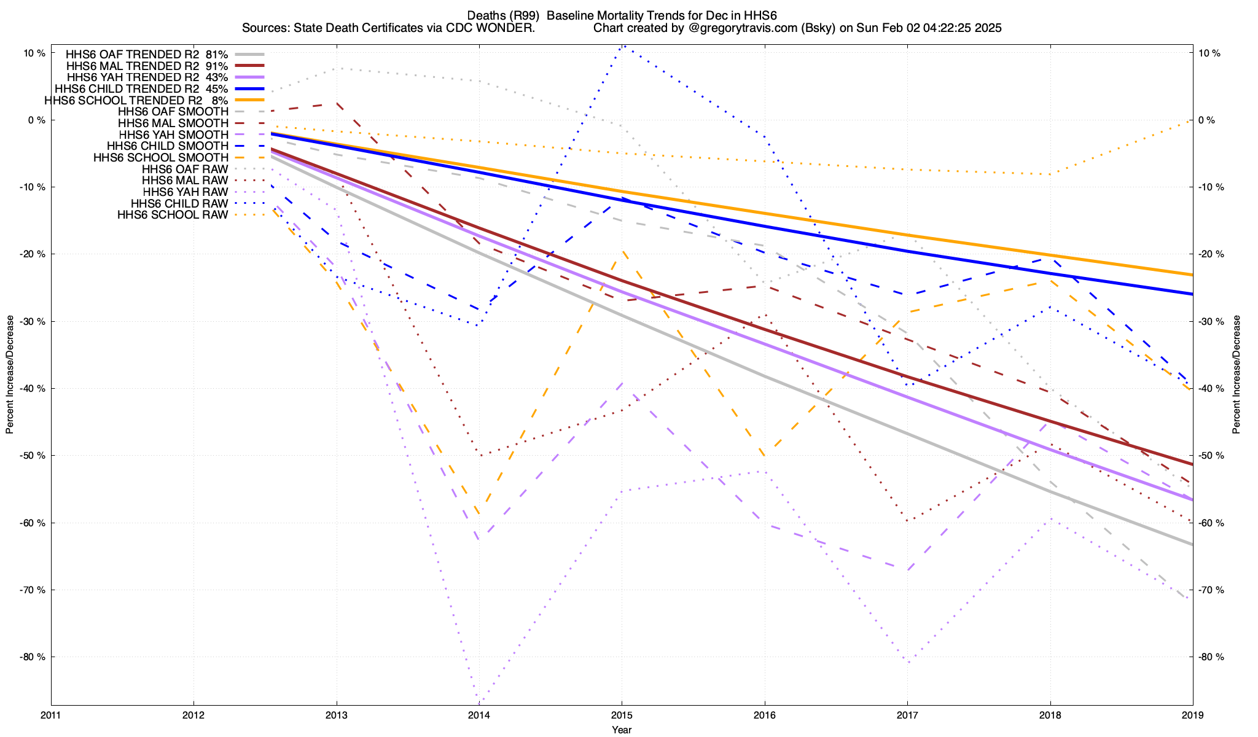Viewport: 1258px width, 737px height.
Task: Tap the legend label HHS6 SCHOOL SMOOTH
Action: click(161, 158)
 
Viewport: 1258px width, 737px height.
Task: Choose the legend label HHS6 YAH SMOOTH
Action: click(174, 135)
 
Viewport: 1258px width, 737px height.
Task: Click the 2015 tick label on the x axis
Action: click(622, 715)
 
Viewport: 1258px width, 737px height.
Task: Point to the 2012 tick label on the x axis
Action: click(193, 715)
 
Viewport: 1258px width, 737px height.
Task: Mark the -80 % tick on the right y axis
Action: click(1210, 657)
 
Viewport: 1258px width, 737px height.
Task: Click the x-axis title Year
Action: click(622, 730)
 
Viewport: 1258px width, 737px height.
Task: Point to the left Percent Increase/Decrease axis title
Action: click(10, 375)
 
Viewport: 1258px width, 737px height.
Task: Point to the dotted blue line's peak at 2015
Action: click(623, 45)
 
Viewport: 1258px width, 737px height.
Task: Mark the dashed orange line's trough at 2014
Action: click(479, 515)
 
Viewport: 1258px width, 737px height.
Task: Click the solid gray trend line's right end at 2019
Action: click(1192, 545)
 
